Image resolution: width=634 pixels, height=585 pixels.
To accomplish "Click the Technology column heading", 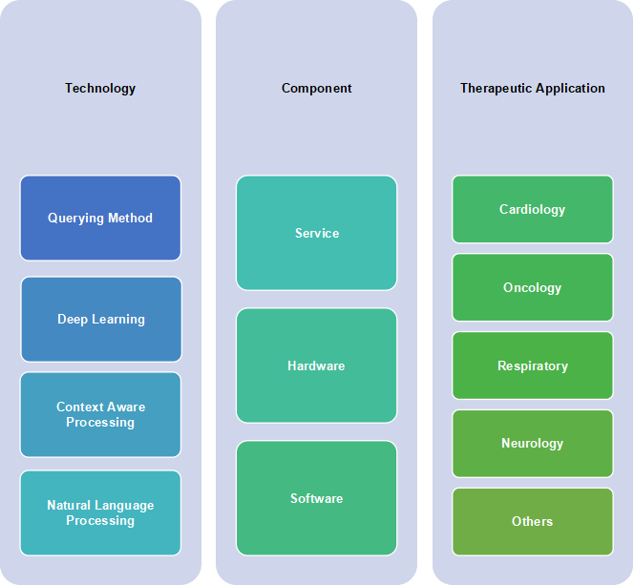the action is click(x=100, y=88).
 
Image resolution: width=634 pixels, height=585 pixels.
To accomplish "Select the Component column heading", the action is click(x=317, y=88).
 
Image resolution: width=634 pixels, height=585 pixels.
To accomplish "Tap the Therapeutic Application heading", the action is click(x=533, y=88).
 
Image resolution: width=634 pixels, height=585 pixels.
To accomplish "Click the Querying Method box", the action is click(x=100, y=218).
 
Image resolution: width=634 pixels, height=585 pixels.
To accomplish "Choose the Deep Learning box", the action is click(x=101, y=319).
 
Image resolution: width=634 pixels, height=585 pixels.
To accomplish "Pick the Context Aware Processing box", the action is click(x=100, y=414).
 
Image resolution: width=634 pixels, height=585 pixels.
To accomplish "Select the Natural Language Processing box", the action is click(x=100, y=512).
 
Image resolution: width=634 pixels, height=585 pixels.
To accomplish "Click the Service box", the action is click(x=317, y=233).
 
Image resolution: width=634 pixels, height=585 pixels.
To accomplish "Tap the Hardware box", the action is click(x=317, y=366).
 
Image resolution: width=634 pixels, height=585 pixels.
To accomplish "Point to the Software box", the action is click(x=317, y=498).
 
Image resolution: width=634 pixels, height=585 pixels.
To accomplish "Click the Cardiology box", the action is click(x=533, y=209).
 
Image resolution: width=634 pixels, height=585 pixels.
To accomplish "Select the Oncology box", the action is click(x=533, y=287).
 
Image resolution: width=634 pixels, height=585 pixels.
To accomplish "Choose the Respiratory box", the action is click(x=533, y=366).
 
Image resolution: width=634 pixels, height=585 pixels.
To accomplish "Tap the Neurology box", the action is click(x=533, y=444).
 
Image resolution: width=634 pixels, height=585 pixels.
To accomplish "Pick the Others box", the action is click(x=533, y=522).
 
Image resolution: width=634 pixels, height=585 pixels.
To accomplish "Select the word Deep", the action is click(x=73, y=320).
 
